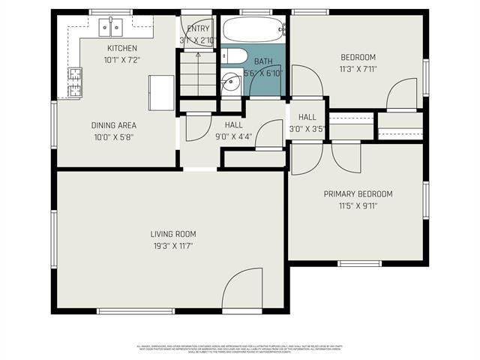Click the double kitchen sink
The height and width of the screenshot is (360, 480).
pyautogui.click(x=111, y=28)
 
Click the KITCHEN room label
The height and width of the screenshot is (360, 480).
pyautogui.click(x=122, y=48)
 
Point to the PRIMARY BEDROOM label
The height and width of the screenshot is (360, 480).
pyautogui.click(x=358, y=194)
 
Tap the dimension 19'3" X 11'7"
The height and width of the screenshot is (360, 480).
pyautogui.click(x=173, y=246)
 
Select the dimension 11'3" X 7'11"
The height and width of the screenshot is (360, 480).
pyautogui.click(x=358, y=69)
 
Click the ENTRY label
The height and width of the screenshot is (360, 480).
pyautogui.click(x=199, y=28)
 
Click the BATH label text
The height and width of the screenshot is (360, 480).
pyautogui.click(x=263, y=61)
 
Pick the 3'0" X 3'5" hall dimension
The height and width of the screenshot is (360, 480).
pyautogui.click(x=307, y=129)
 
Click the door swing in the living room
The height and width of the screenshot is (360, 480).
pyautogui.click(x=241, y=289)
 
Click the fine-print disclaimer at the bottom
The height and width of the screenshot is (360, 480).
pyautogui.click(x=240, y=349)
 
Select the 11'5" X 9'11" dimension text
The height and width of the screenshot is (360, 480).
pyautogui.click(x=358, y=205)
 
